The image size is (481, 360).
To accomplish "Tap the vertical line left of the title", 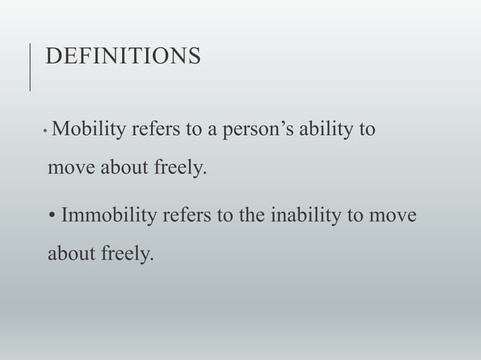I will [29, 67].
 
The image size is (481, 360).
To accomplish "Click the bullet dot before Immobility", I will [51, 218].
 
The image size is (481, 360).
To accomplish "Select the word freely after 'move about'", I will [178, 166].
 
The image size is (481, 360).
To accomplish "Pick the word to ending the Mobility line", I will [367, 129].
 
